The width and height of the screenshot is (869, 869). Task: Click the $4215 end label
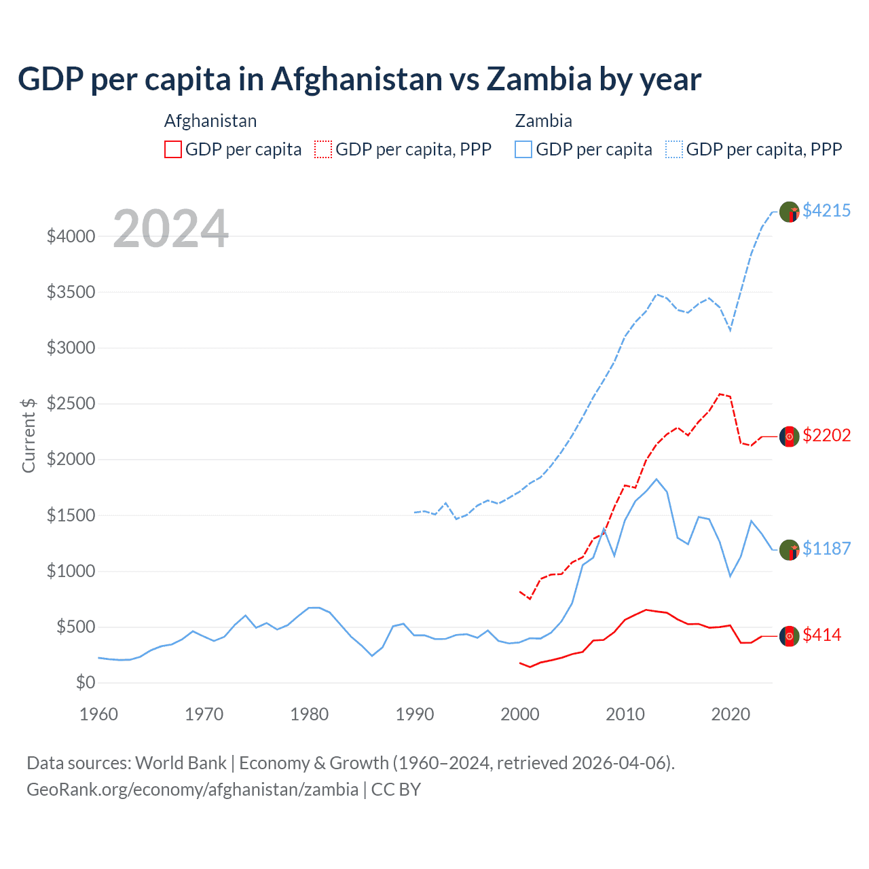pos(826,210)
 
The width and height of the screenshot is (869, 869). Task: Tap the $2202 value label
pos(826,435)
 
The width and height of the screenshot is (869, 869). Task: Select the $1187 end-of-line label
pos(826,549)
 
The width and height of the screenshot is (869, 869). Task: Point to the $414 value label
pos(821,635)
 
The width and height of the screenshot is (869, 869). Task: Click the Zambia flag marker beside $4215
pos(789,212)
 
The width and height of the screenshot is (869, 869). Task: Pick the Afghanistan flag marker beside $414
pos(789,636)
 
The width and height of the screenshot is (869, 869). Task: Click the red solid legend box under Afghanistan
pos(173,149)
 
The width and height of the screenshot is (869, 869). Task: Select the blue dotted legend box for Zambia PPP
pos(674,149)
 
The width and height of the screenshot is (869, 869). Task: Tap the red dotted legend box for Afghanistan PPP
pos(323,149)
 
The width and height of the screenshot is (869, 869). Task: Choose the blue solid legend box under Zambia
pos(523,149)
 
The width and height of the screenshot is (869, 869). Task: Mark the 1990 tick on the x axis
pos(415,714)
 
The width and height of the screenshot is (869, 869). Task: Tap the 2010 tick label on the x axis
pos(625,714)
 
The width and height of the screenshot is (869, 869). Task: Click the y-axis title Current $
pos(29,435)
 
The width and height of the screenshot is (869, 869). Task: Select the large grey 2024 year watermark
pos(170,229)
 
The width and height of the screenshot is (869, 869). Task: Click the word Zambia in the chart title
pos(539,79)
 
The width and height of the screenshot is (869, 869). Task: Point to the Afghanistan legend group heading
pos(210,121)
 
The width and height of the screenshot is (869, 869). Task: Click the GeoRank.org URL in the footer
pos(192,790)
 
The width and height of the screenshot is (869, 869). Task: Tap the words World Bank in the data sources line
pos(181,763)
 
